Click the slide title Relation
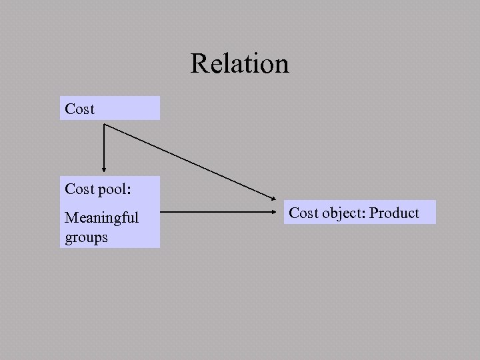coord(239,64)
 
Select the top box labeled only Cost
coord(111,108)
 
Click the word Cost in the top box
coord(80,109)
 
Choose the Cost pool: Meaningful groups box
coord(111,212)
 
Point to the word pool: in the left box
coord(115,189)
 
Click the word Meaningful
coord(101,217)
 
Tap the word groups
coord(86,237)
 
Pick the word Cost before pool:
coord(80,189)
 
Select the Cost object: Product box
coord(359,213)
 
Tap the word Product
coord(394,213)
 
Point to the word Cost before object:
coord(304,213)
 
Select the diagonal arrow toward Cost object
coord(190,161)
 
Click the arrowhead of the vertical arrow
coord(104,169)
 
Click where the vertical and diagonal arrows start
coord(105,125)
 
